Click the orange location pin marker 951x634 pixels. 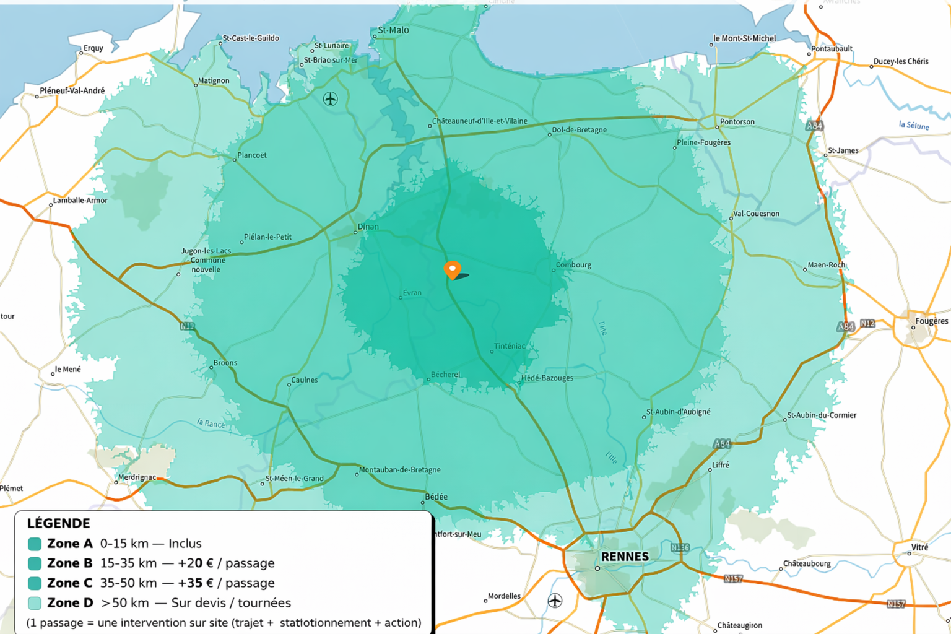453,270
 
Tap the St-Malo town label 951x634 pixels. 393,30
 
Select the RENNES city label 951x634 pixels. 625,557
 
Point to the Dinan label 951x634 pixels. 368,227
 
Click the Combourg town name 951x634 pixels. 573,265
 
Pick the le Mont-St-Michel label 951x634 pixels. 744,38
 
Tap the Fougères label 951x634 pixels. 931,321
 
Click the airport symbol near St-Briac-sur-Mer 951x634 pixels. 331,98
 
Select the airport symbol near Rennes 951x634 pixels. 555,600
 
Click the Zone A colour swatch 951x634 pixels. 35,544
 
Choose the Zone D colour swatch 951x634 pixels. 35,603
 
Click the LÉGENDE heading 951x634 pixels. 59,523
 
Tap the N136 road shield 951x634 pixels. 680,547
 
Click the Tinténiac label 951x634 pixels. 510,346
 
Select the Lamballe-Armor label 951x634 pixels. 80,201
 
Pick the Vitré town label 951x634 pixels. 919,547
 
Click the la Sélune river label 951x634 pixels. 914,125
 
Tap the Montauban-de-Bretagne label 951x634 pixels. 400,470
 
